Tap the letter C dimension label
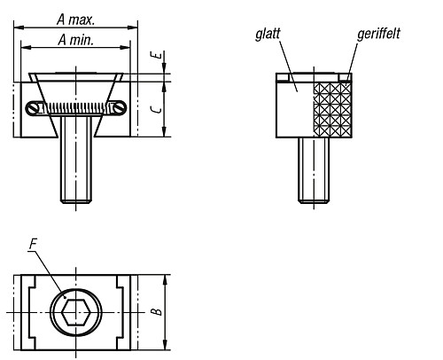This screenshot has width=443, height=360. (x=156, y=108)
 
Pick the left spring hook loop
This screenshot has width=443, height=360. (x=35, y=108)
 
